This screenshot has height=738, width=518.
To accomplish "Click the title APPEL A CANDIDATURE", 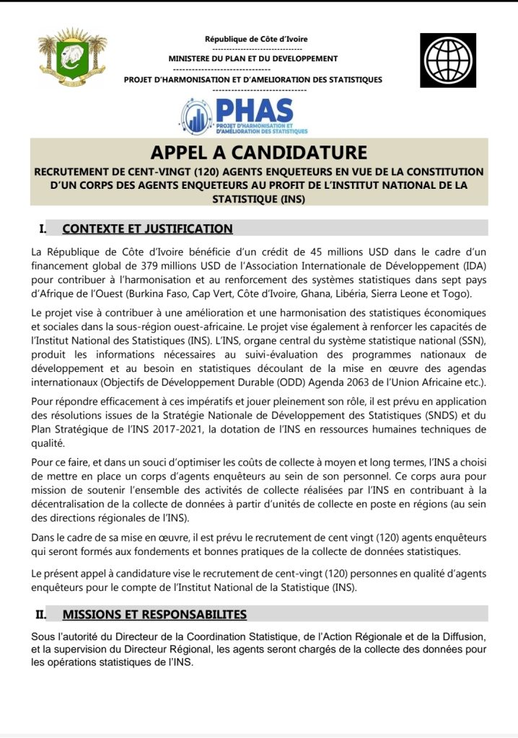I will point(259,153).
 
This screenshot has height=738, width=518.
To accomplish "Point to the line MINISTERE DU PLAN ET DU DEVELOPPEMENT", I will point(253,58).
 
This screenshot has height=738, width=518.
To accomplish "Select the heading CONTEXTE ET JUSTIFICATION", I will point(147,229).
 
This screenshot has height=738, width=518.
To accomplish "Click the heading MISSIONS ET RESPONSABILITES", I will point(154,614).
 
